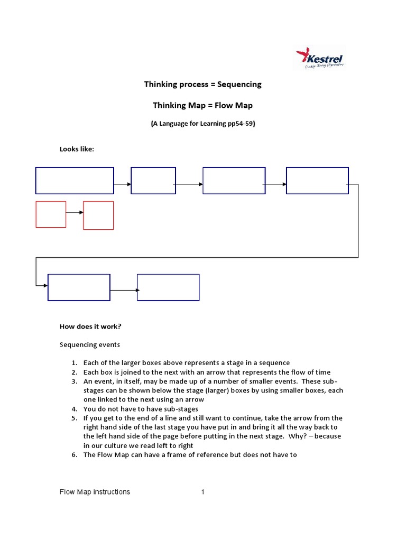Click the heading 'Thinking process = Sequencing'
click(x=203, y=84)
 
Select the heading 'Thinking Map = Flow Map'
click(x=203, y=105)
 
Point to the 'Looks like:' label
click(x=77, y=149)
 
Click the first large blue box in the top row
click(x=75, y=181)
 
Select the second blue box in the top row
click(x=153, y=181)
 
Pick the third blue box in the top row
click(x=234, y=181)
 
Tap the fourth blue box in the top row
click(x=317, y=181)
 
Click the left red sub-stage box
click(x=51, y=214)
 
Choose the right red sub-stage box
click(x=98, y=215)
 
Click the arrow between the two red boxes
click(x=75, y=212)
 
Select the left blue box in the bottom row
click(x=79, y=287)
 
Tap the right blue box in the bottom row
click(x=168, y=287)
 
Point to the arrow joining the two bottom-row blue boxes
click(x=124, y=290)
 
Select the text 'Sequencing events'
click(x=89, y=344)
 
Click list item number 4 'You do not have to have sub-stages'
click(x=141, y=409)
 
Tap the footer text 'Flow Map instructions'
click(x=95, y=492)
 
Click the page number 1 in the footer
click(x=202, y=492)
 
